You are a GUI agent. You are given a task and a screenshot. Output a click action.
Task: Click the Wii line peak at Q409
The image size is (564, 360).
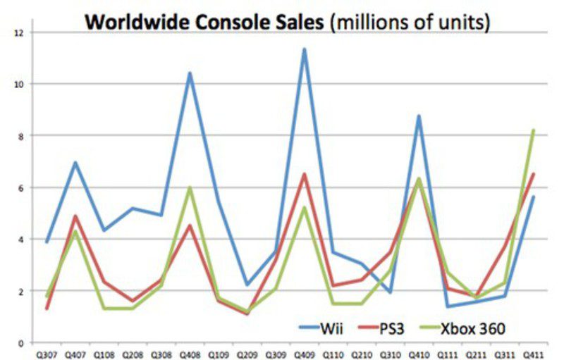305,49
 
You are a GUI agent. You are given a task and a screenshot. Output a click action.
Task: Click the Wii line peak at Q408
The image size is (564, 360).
190,73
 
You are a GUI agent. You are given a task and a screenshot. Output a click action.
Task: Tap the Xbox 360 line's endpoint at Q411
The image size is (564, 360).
534,130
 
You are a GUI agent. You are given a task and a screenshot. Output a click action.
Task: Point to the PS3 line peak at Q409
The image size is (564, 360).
305,174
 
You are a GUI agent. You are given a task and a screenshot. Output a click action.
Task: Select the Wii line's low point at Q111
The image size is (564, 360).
448,306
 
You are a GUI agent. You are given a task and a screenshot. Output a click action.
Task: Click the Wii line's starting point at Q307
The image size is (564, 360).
47,242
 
